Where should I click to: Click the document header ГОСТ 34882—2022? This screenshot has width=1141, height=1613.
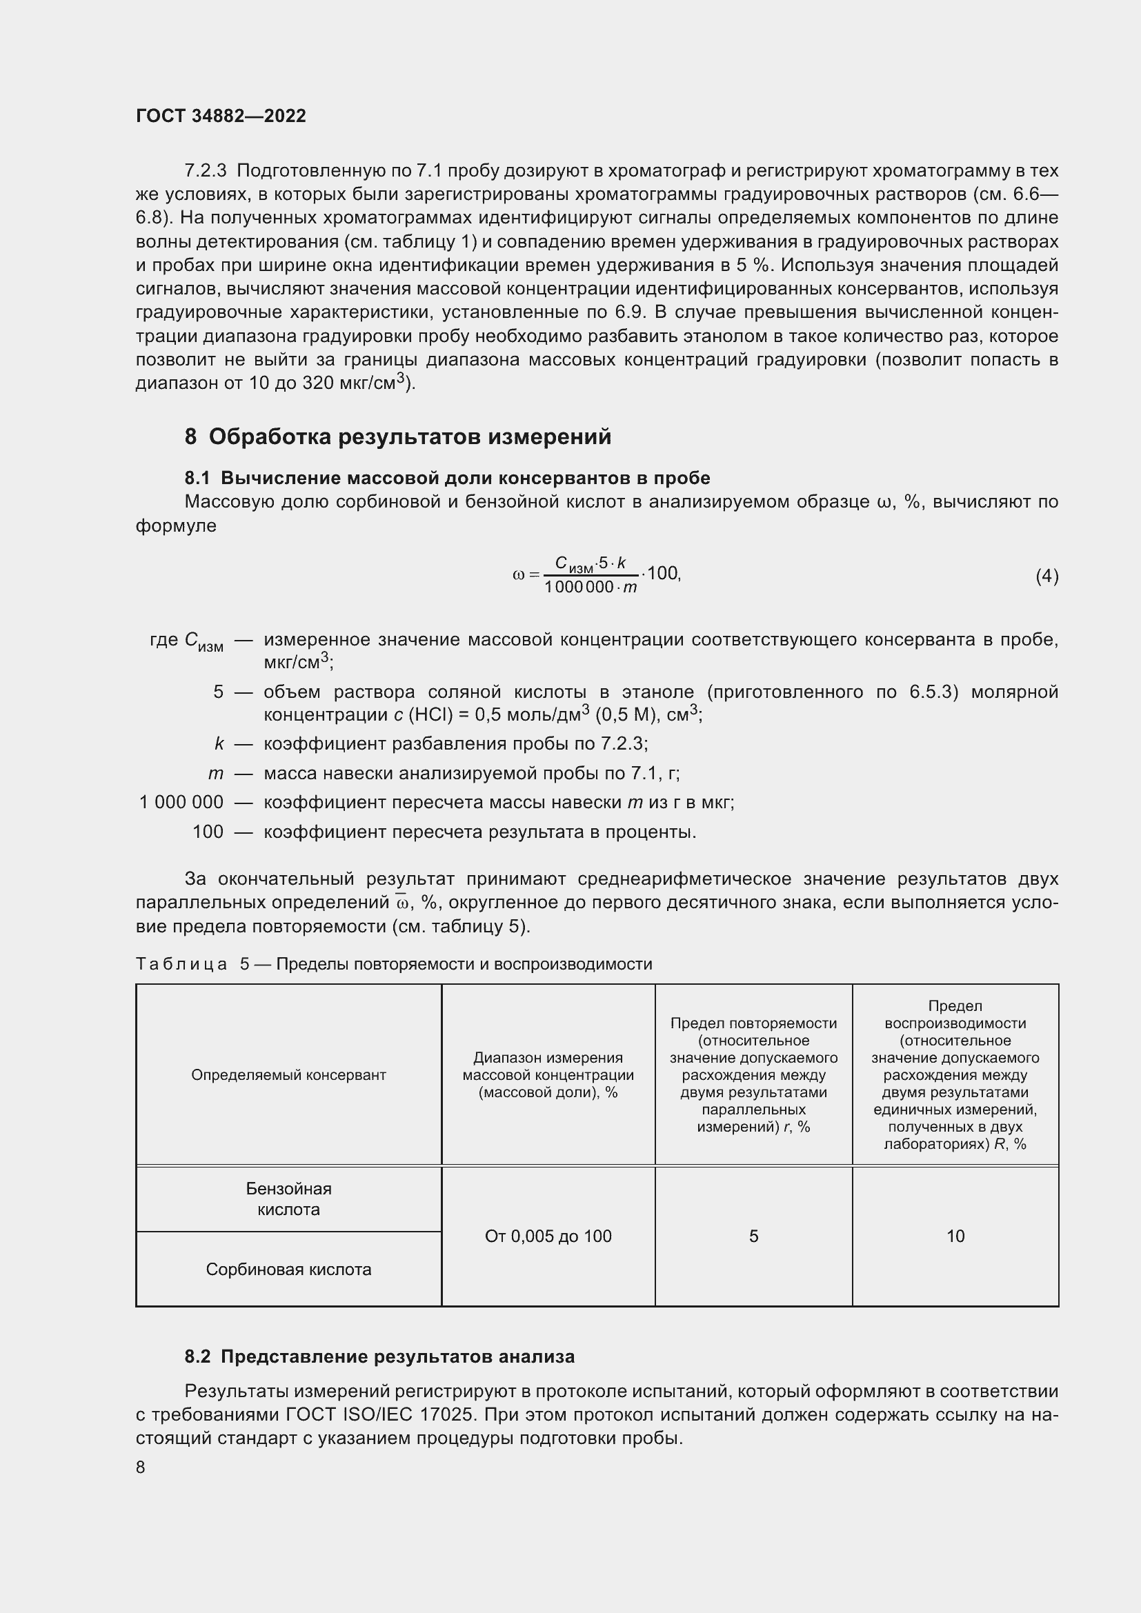[221, 116]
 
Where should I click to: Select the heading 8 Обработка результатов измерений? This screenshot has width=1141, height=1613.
[397, 437]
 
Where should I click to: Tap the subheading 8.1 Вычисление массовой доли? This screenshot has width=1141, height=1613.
[447, 478]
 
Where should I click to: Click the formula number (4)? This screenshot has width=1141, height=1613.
[1046, 576]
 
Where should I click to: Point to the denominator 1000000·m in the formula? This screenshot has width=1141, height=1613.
[591, 588]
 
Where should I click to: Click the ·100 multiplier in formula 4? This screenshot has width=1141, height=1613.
[662, 573]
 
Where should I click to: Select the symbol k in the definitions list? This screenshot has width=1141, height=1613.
[219, 743]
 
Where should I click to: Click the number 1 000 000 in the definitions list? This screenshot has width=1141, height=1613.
[181, 801]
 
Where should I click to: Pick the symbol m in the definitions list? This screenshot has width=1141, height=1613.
[216, 774]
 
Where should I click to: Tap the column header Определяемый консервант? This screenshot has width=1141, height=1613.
[289, 1075]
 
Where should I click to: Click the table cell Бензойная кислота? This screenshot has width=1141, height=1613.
[289, 1199]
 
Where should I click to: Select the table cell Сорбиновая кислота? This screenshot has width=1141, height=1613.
[289, 1269]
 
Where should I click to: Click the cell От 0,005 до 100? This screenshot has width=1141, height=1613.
[548, 1236]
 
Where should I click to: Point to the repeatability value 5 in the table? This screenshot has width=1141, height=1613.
[753, 1236]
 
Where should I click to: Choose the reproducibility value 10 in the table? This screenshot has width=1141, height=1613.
[955, 1236]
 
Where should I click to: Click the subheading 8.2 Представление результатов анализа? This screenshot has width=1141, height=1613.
[379, 1356]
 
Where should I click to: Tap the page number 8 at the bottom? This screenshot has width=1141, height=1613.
[141, 1467]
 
